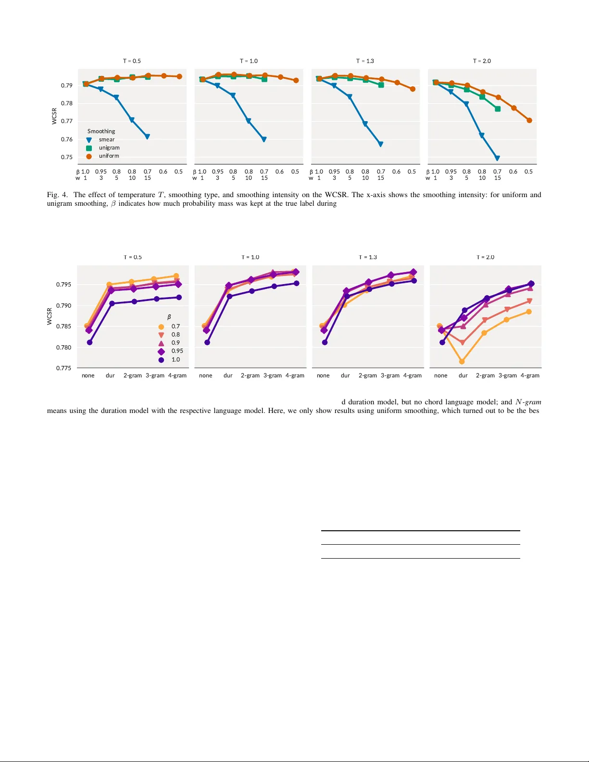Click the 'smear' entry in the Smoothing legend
pos(107,139)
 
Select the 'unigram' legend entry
pos(109,148)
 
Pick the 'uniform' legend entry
pos(109,156)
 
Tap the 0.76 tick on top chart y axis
pos(66,139)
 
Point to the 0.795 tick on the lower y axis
pos(63,285)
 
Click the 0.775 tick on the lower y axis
pos(63,368)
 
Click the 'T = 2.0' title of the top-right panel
pos(482,61)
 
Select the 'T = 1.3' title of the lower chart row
pos(368,257)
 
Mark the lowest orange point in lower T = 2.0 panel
pos(462,362)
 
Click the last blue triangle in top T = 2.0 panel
pos(497,158)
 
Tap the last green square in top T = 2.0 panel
pos(498,109)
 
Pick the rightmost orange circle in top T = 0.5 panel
pos(179,76)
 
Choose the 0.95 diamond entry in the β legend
pos(177,351)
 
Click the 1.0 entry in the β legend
pos(175,360)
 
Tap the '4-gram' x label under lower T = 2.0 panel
pos(530,375)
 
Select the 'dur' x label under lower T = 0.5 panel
pos(110,375)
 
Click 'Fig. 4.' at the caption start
pos(57,195)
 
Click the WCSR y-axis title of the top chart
pos(54,116)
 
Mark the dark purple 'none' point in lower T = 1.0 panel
pos(207,342)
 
